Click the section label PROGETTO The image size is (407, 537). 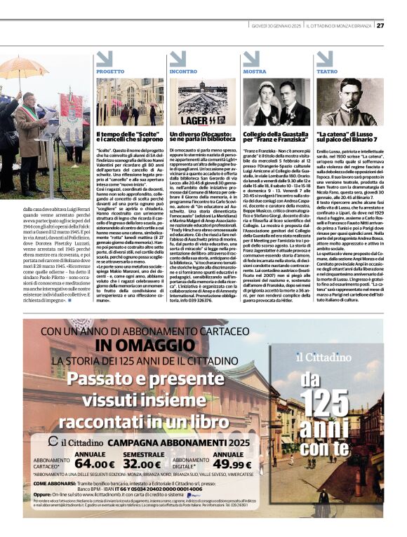click(x=110, y=72)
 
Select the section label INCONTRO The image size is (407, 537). click(x=183, y=72)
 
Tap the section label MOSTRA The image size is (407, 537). click(x=255, y=72)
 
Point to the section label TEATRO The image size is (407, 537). click(x=327, y=72)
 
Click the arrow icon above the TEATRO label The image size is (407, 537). click(x=324, y=59)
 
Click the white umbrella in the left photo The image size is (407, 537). click(x=23, y=67)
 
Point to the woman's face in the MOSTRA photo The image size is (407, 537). click(x=261, y=93)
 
